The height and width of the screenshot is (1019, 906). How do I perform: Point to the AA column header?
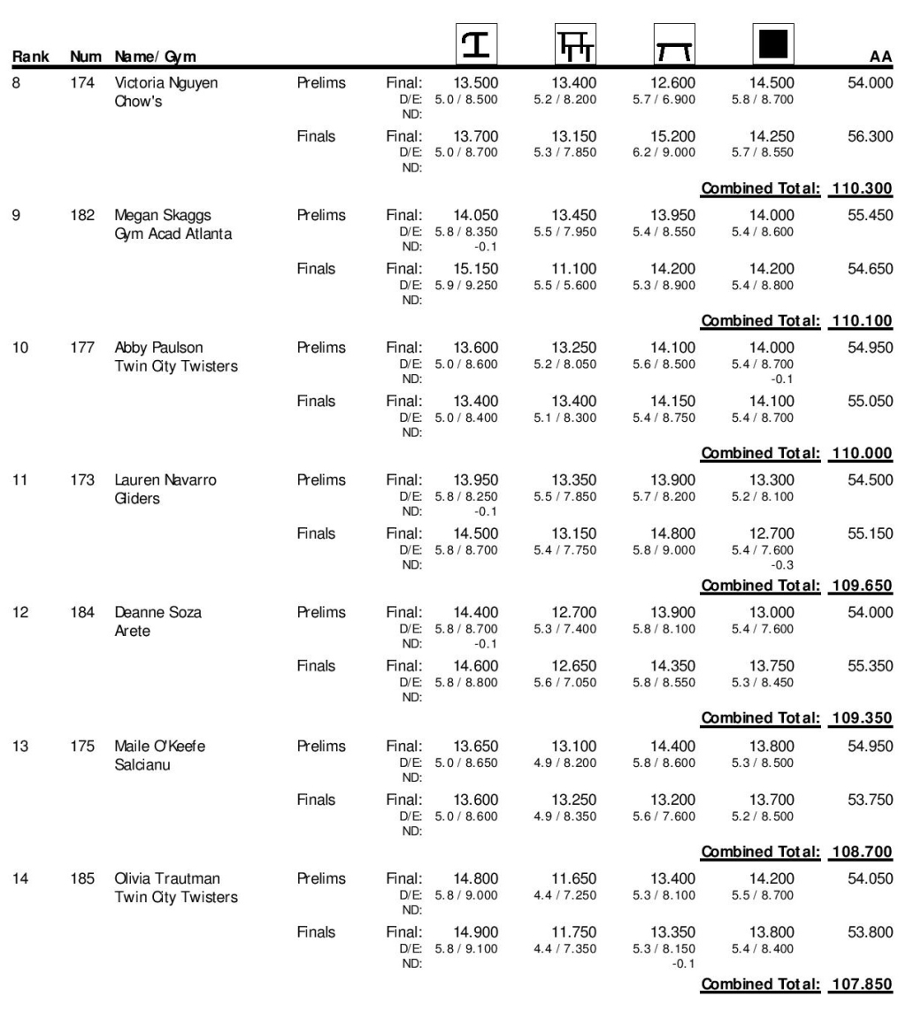pyautogui.click(x=881, y=58)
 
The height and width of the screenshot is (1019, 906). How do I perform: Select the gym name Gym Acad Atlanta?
pyautogui.click(x=168, y=233)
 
